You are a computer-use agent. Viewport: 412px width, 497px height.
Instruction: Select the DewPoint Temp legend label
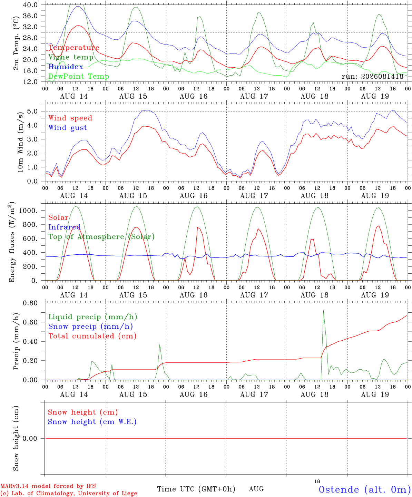pos(79,76)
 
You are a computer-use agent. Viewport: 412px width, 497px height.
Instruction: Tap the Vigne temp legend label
pos(71,57)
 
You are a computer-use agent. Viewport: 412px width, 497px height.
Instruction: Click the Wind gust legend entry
pos(68,128)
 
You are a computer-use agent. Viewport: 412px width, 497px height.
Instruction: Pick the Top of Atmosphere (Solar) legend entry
pos(102,237)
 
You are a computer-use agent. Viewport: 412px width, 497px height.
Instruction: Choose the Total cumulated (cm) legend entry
pos(92,336)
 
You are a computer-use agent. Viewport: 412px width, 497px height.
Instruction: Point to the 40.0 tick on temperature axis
pos(30,5)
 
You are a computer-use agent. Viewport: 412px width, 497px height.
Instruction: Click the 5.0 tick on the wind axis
pos(32,111)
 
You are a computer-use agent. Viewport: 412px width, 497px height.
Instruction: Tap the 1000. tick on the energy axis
pos(28,211)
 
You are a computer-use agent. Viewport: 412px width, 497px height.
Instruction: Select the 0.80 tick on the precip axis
pos(30,303)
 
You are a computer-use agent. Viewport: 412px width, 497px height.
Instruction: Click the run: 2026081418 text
pos(373,76)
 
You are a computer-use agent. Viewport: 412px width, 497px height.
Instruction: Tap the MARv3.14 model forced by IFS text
pos(48,486)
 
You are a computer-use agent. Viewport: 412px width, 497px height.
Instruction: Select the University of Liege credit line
pos(69,493)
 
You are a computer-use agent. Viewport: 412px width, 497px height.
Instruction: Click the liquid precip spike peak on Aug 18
pos(323,310)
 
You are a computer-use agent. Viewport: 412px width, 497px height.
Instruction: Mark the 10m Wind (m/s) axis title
pos(20,142)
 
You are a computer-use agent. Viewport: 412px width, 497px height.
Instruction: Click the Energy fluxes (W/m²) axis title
pos(12,242)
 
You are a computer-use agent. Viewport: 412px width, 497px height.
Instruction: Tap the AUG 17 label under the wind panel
pos(254,196)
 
